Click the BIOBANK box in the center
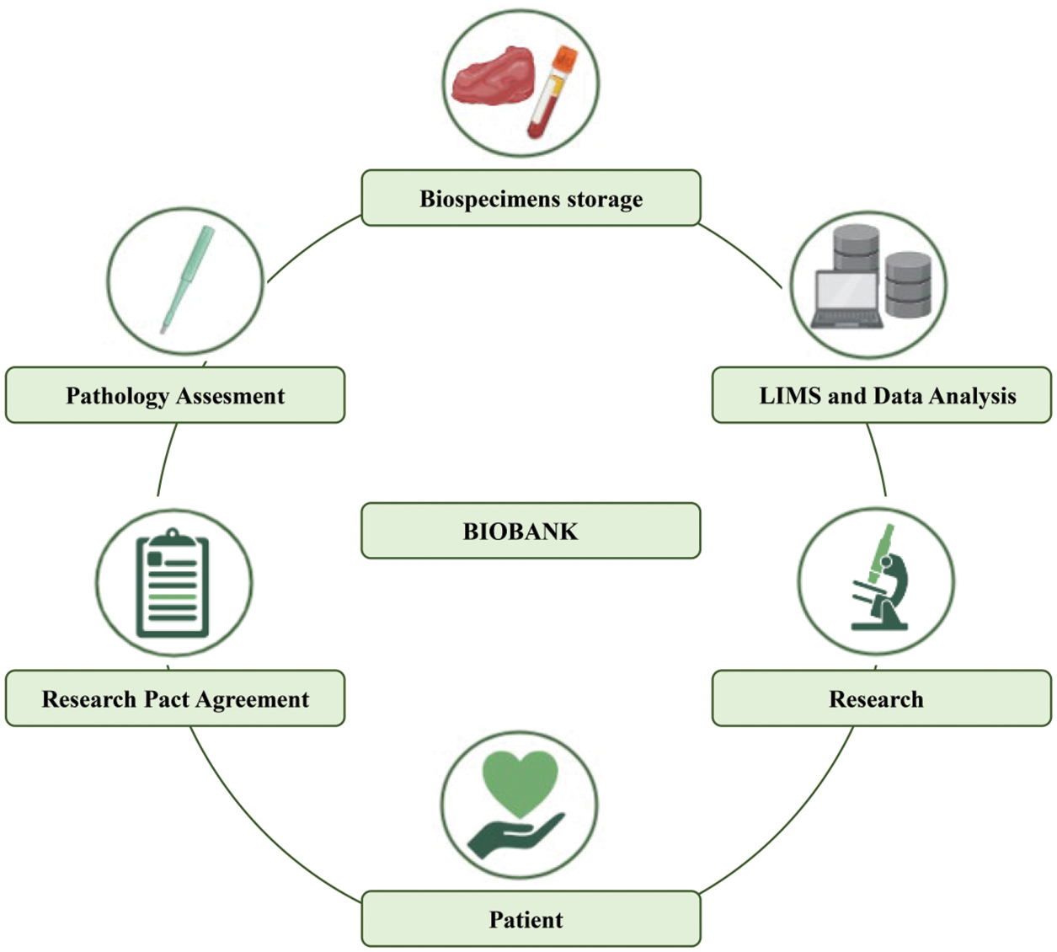[531, 531]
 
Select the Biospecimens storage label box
[531, 198]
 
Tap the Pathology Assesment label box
[175, 395]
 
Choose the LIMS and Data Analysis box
[882, 395]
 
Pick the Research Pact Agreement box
[175, 698]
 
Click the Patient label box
[531, 918]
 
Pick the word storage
[604, 199]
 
